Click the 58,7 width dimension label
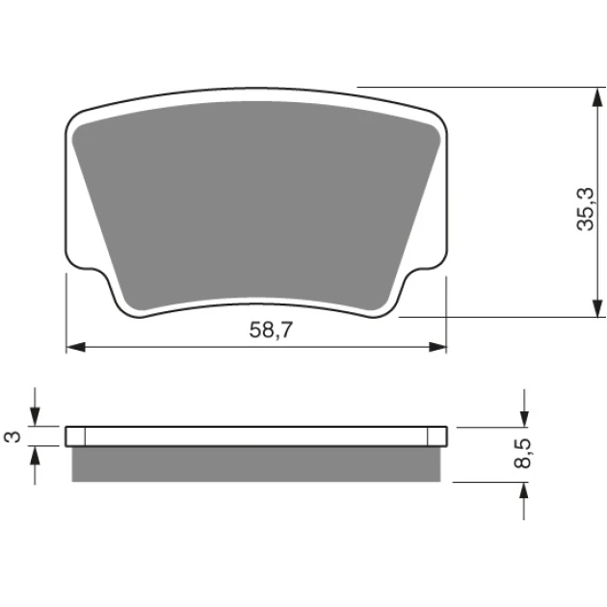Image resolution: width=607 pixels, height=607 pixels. tap(271, 330)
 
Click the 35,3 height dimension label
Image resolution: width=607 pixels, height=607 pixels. tap(585, 209)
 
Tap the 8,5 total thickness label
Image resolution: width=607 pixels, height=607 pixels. tap(523, 454)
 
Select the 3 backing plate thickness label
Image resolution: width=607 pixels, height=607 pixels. tap(13, 436)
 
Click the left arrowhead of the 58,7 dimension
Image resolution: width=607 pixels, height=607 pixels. tap(76, 347)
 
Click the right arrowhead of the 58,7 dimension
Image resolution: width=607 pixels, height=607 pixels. tap(437, 347)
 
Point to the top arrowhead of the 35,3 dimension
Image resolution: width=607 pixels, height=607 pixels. tap(597, 97)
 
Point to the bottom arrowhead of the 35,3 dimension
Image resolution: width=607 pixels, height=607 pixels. tap(597, 307)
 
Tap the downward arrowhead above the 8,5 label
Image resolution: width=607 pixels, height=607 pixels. tap(524, 418)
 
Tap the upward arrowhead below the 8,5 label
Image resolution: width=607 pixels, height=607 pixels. tap(524, 492)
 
